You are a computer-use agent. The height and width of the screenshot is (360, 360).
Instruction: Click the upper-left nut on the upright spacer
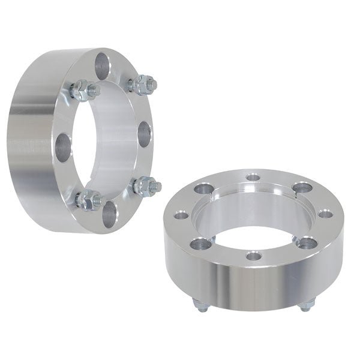(x=82, y=91)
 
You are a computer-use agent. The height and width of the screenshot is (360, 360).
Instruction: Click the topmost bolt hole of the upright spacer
(x=103, y=62)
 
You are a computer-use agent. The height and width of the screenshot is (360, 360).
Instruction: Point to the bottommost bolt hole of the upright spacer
(x=109, y=214)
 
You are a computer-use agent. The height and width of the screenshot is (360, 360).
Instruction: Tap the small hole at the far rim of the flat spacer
(x=253, y=178)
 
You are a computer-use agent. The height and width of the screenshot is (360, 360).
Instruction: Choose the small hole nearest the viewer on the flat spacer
(x=254, y=256)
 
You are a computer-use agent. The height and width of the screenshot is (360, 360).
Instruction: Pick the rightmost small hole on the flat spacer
(x=325, y=213)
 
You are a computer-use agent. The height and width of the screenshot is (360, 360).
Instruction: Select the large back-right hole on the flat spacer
(x=303, y=188)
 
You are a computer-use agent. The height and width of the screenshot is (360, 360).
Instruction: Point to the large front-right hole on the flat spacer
(x=306, y=242)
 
